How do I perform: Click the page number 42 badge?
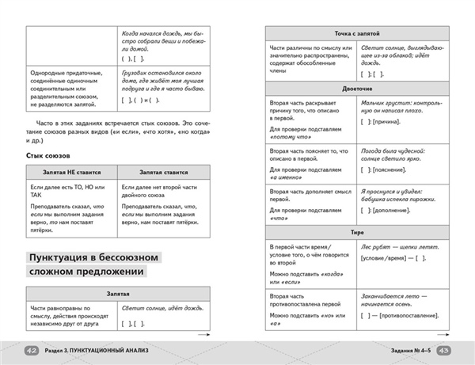coord(32,352)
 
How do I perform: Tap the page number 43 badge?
coord(443,352)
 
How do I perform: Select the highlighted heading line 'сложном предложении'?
coord(87,273)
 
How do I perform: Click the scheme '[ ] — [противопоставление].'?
coord(401,315)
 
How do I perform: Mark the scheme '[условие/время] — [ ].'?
coord(392,260)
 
